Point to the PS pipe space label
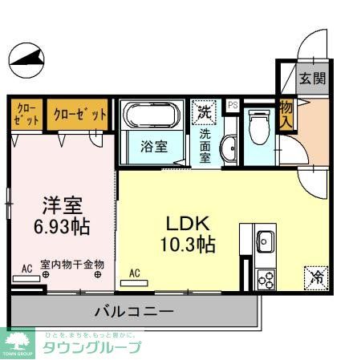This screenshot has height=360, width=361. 233,105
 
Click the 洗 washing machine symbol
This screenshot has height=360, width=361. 205,112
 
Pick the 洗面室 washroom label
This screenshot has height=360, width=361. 205,143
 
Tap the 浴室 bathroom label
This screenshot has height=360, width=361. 153,148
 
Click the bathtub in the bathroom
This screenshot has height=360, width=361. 152,116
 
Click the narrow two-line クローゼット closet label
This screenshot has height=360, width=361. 26,114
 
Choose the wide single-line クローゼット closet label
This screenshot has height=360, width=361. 80,114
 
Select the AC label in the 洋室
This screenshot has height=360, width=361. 26,269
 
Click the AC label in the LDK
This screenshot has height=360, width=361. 135,273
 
